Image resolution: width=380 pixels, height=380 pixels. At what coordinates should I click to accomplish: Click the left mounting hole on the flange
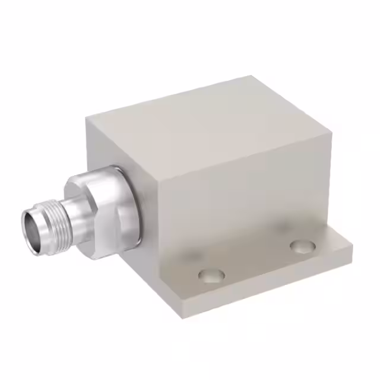(211, 275)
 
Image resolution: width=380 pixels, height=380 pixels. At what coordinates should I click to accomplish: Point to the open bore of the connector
(30, 224)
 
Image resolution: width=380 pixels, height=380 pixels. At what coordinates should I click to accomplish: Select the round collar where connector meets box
(132, 205)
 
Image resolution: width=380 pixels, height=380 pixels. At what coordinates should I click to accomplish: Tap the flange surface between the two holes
(258, 261)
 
